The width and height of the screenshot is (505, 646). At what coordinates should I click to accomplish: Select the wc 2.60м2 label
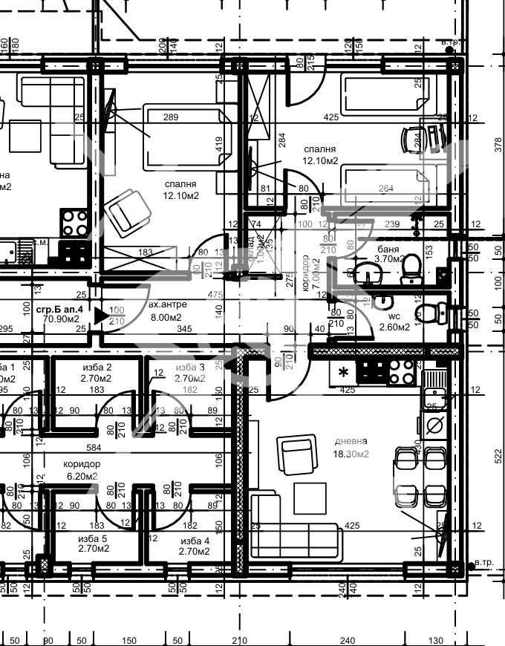click(x=394, y=322)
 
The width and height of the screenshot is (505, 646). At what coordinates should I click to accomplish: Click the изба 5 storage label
click(x=93, y=544)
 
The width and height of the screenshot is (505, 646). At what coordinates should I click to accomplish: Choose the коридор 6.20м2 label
click(x=82, y=469)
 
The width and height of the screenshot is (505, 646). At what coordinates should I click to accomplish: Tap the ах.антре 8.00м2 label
click(x=168, y=311)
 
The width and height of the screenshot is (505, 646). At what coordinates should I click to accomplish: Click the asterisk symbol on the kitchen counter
click(x=343, y=371)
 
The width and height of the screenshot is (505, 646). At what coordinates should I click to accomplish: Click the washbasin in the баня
click(x=366, y=273)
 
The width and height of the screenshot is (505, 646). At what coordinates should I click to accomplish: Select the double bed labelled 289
click(x=183, y=137)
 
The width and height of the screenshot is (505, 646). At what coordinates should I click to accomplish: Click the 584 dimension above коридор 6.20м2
click(x=94, y=448)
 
